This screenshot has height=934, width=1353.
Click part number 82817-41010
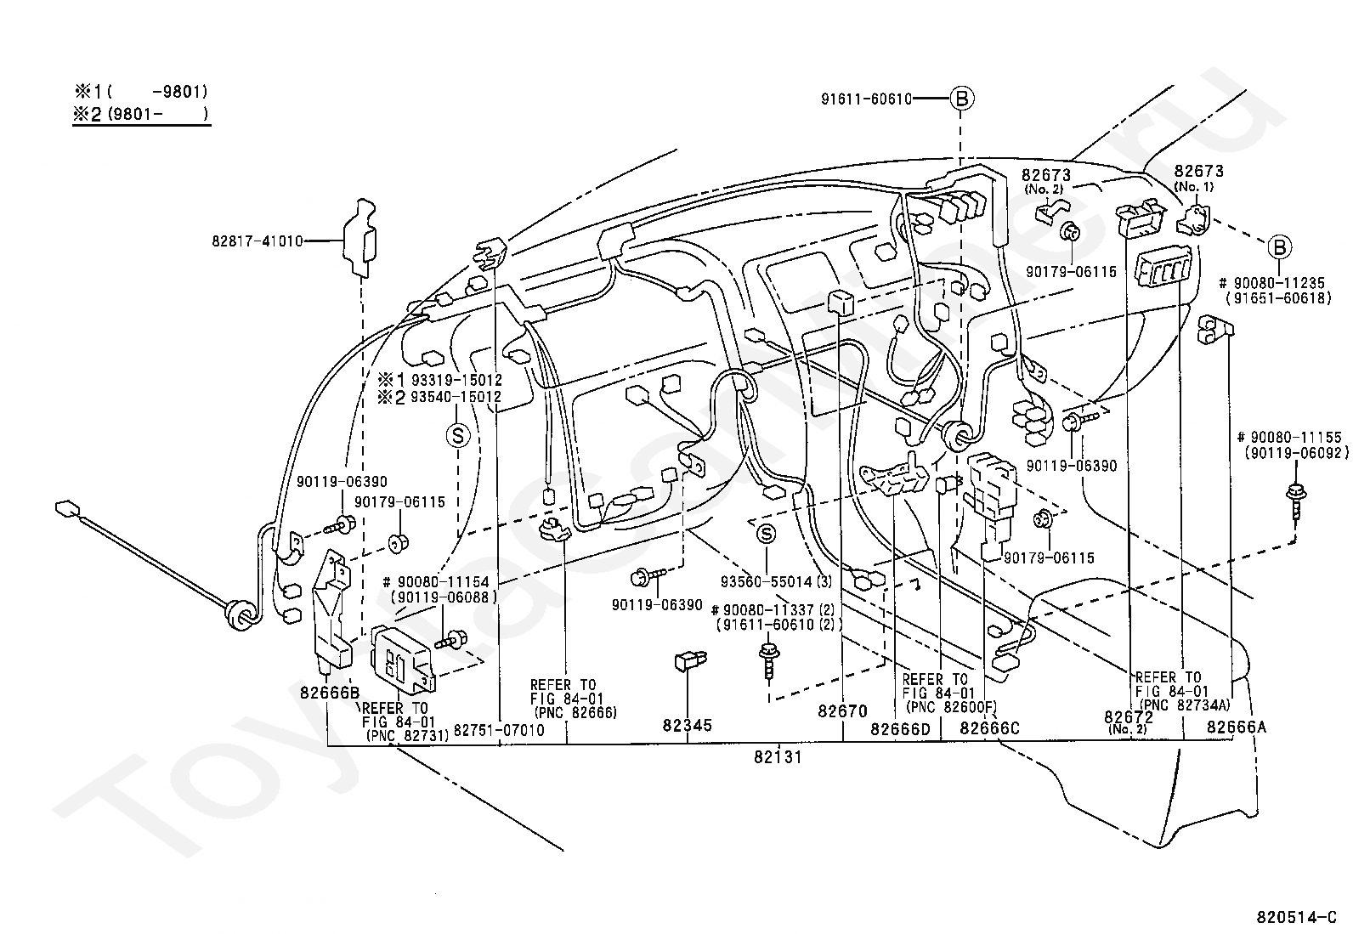tap(258, 241)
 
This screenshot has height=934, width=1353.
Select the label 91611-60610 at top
tap(866, 99)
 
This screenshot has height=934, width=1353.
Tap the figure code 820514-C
tap(1299, 918)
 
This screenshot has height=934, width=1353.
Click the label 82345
tap(688, 726)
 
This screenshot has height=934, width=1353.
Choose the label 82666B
tap(330, 692)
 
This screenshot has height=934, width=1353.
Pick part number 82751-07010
tap(499, 730)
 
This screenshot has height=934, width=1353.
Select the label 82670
tap(843, 710)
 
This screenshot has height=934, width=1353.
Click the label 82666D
tap(900, 728)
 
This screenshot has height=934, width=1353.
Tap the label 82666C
tap(989, 728)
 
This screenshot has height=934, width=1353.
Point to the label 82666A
tap(1236, 727)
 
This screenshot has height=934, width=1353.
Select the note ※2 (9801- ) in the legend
tap(139, 114)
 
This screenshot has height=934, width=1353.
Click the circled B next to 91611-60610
tap(961, 99)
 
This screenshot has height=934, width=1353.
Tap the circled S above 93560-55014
tap(767, 534)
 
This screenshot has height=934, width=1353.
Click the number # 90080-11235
tap(1272, 283)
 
